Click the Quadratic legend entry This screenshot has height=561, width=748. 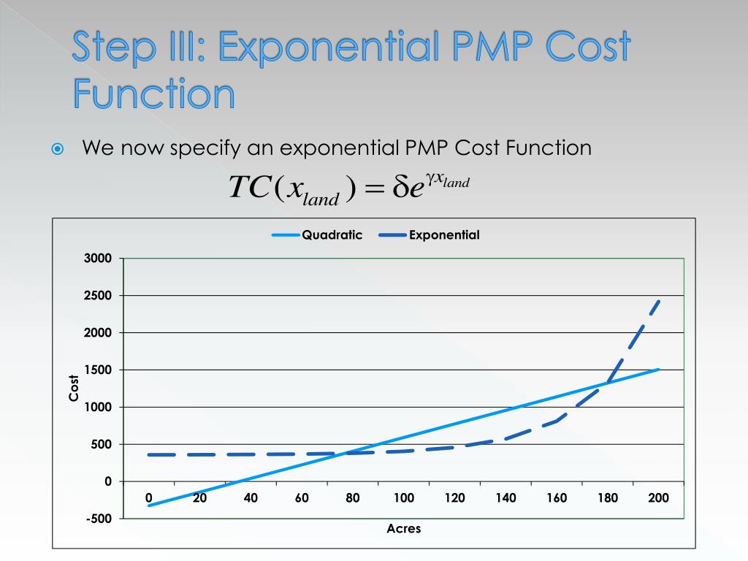(x=332, y=235)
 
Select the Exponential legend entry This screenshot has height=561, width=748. (x=444, y=235)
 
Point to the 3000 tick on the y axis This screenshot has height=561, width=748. (x=97, y=259)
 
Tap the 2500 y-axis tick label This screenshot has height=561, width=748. (x=97, y=296)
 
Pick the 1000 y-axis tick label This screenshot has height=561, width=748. (x=97, y=407)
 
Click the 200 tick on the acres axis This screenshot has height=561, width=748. (x=659, y=498)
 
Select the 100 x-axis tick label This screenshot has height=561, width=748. (x=404, y=498)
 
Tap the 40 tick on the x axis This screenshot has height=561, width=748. (x=251, y=498)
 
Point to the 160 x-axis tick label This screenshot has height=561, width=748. (x=557, y=498)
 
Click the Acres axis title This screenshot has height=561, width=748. (x=404, y=528)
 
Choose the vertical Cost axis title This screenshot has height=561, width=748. (x=74, y=387)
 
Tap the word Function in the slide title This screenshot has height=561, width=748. (x=154, y=95)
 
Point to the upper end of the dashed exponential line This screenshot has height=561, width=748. (x=659, y=300)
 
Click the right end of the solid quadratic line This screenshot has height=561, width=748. (x=659, y=370)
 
